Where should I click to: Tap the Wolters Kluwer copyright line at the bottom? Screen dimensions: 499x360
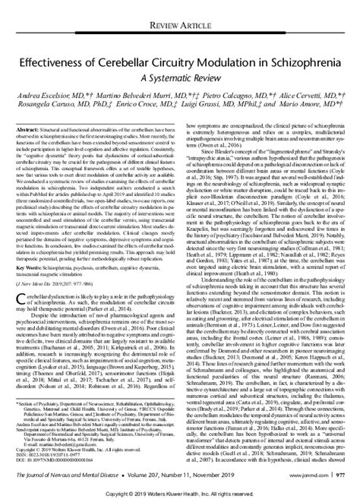180,492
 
